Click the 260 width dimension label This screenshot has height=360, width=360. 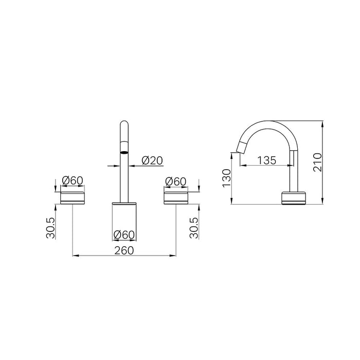click(x=124, y=250)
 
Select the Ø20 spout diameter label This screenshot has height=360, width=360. click(x=152, y=160)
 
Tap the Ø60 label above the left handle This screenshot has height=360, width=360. click(x=73, y=181)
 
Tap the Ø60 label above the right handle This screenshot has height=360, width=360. click(x=176, y=181)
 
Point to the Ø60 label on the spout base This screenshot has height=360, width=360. click(x=124, y=235)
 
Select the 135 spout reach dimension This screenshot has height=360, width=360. click(x=266, y=160)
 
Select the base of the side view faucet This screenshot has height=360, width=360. click(x=293, y=198)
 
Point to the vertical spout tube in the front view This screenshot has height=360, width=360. click(x=124, y=175)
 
